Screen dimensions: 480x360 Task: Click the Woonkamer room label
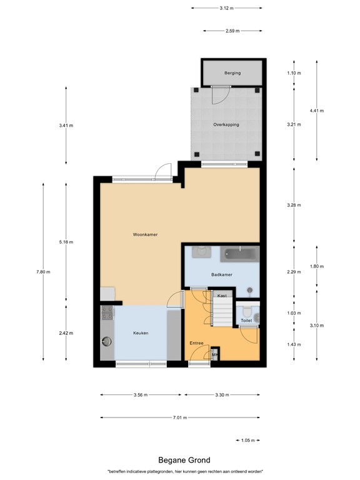145,235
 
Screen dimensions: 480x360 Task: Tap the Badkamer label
222,274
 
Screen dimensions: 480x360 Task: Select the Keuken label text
141,333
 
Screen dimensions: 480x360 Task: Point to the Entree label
197,343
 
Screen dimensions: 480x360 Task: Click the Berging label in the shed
232,73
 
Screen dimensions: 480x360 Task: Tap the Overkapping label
226,125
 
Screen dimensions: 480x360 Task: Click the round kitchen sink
106,341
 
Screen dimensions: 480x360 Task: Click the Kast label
221,295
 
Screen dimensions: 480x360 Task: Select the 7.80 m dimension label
44,272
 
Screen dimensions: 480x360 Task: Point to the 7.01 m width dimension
181,417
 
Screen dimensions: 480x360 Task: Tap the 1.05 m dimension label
249,441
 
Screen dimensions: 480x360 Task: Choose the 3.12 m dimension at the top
226,8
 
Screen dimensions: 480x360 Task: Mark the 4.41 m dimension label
318,111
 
